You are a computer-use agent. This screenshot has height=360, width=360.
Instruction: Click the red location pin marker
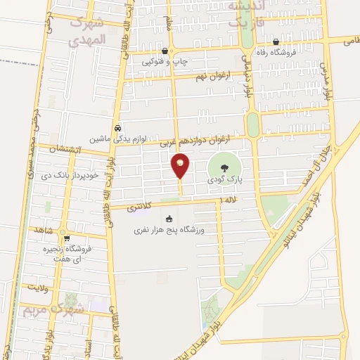[181, 165]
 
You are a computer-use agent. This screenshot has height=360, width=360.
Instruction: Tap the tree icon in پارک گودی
[224, 168]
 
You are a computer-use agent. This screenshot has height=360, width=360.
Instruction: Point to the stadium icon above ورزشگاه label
[168, 219]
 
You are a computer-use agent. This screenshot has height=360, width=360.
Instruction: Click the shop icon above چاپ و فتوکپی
[164, 51]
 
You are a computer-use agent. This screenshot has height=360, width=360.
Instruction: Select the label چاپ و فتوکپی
[165, 62]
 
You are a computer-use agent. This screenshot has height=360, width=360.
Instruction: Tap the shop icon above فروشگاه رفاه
[276, 41]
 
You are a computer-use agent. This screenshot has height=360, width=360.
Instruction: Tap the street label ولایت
[38, 287]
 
